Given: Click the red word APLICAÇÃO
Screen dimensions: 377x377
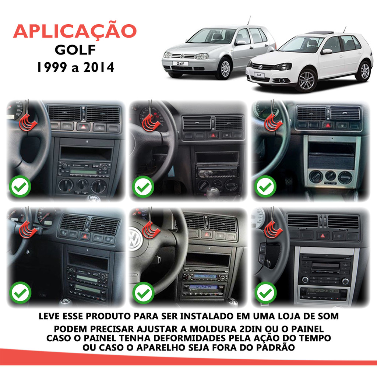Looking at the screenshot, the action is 75,32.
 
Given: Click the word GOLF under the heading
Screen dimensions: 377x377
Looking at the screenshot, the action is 75,50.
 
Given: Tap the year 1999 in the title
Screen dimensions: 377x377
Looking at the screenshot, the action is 52,67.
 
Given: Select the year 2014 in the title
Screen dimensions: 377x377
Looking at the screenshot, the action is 99,67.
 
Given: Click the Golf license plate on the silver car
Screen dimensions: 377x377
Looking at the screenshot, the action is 180,63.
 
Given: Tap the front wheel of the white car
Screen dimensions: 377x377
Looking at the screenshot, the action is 306,81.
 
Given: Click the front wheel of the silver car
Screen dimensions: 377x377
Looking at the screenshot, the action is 225,69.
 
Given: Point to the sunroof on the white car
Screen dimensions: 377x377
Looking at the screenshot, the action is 319,32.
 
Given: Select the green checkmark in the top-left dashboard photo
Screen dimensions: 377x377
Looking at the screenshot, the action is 20,187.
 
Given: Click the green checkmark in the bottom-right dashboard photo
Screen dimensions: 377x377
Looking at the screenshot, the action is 265,293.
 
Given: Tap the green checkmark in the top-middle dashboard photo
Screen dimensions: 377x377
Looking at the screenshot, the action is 143,187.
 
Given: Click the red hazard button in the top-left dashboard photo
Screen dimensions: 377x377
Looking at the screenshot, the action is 84,127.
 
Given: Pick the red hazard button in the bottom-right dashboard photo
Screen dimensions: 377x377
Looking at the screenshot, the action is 323,236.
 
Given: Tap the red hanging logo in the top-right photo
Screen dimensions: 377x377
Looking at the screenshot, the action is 273,122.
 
